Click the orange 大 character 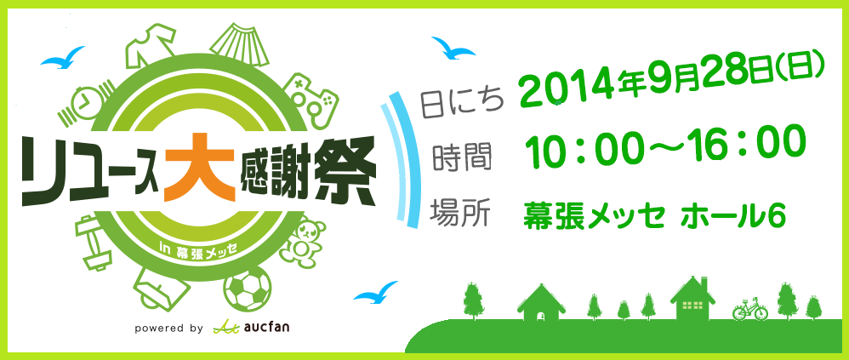click(x=200, y=168)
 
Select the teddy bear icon click(x=304, y=240)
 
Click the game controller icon click(x=313, y=97)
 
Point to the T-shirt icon click(x=151, y=45)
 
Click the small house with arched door click(x=541, y=303)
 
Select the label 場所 click(x=459, y=213)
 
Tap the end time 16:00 click(x=753, y=140)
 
